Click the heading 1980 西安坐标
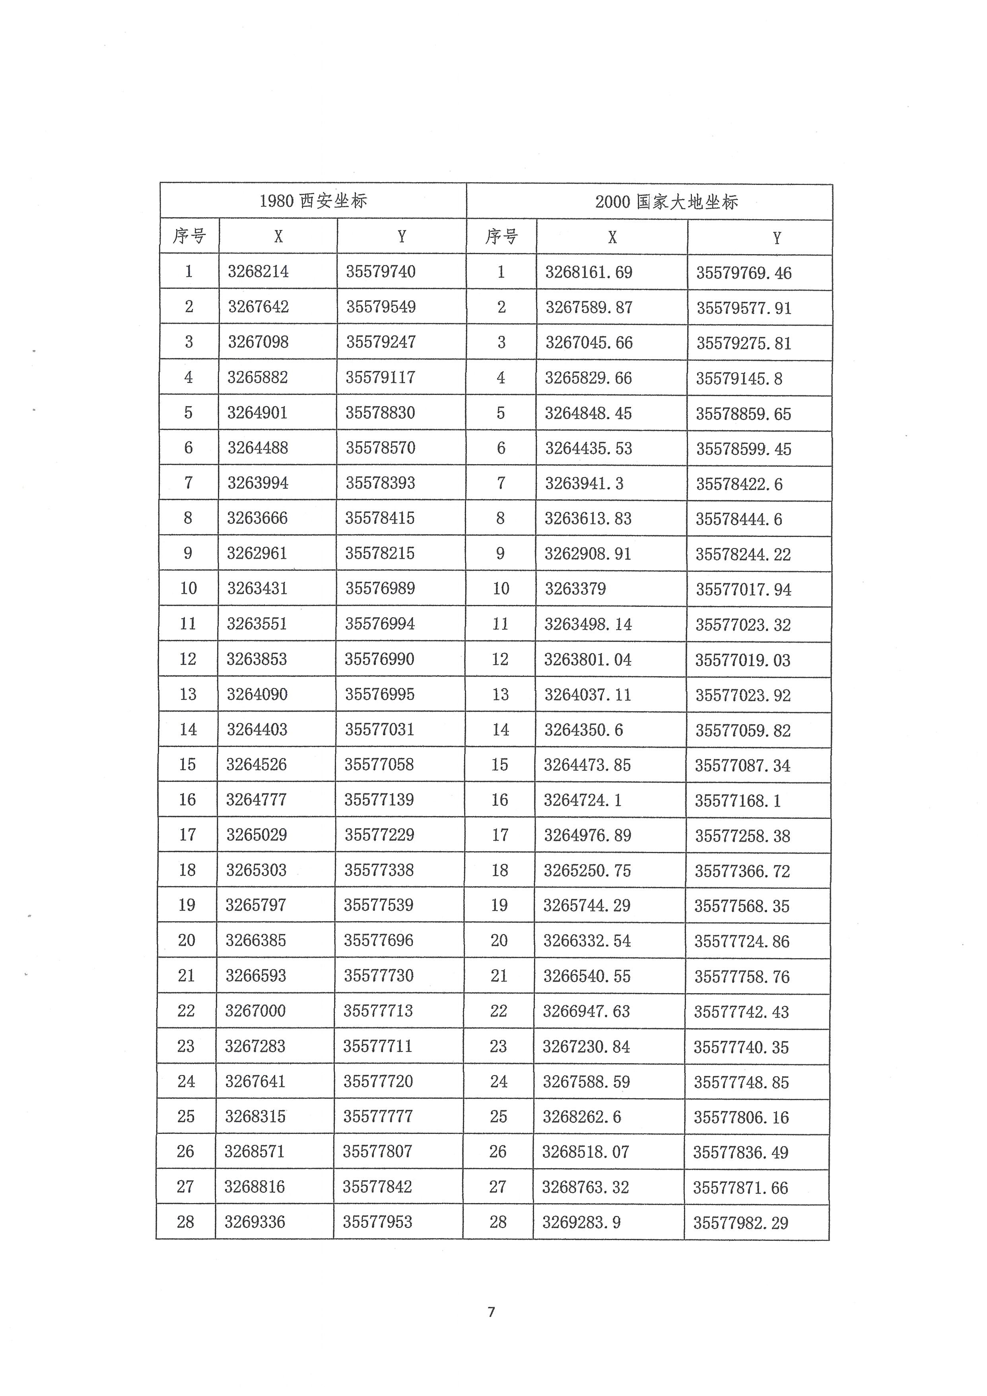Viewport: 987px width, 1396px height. (x=313, y=200)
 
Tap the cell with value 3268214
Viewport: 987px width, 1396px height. (x=258, y=271)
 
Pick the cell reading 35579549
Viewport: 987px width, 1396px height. (x=381, y=306)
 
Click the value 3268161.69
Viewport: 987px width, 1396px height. (x=588, y=272)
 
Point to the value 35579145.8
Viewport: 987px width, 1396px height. (x=738, y=379)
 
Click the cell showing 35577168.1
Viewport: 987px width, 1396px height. (x=738, y=801)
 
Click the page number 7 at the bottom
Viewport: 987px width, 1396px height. (x=492, y=1312)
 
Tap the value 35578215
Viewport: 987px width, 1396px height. (x=380, y=553)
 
